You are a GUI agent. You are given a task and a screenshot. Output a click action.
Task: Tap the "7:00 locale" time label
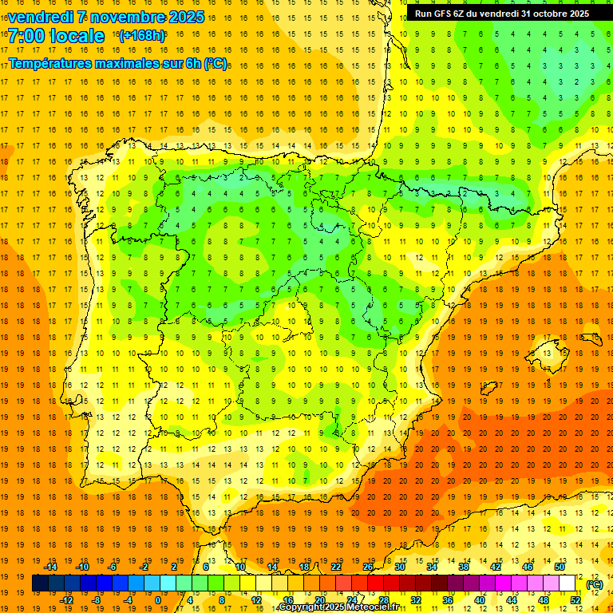coord(56,36)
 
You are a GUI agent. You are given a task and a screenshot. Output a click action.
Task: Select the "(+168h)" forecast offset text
coord(141,36)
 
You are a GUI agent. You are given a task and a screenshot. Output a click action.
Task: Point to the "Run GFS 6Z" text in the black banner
coord(443,14)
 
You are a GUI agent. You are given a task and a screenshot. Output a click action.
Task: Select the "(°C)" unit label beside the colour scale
coord(595,584)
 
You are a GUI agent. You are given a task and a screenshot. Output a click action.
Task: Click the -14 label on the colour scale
coord(51,567)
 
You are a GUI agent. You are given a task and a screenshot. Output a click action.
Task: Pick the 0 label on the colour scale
coord(158,600)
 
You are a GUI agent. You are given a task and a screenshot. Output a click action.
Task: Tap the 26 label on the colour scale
coord(368,567)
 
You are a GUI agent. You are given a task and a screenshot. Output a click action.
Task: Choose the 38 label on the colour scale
coord(464,567)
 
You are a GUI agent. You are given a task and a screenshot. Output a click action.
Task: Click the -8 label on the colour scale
coord(97,600)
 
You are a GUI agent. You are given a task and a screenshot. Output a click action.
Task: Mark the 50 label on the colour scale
coord(560,567)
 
